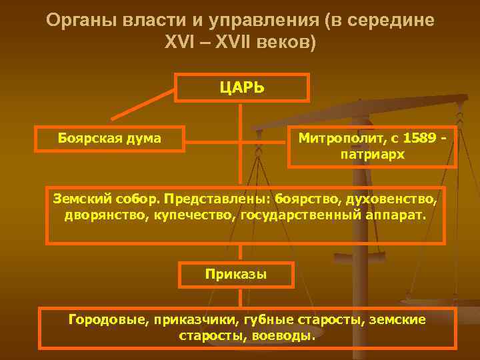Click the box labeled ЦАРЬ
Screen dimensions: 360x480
[x=242, y=87]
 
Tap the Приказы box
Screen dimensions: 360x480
[x=227, y=274]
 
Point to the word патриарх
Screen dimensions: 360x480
[x=372, y=154]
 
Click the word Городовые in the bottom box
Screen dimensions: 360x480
[x=105, y=319]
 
